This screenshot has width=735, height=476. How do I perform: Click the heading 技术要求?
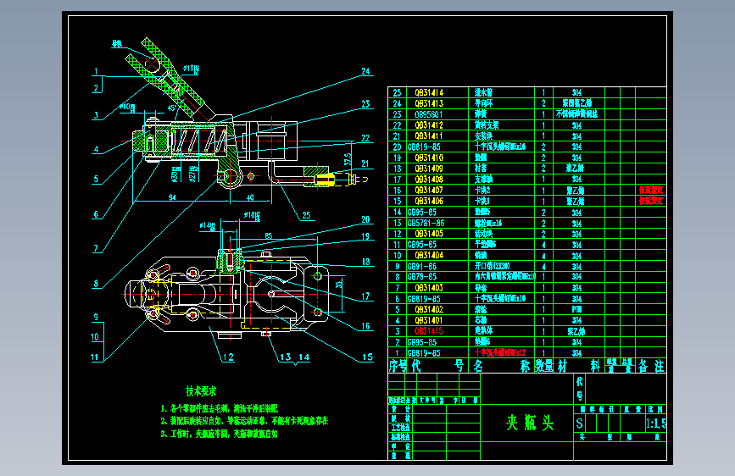(202, 391)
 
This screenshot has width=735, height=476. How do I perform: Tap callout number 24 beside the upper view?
(365, 70)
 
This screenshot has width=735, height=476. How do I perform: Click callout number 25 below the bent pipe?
(305, 213)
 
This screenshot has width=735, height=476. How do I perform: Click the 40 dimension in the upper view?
(251, 196)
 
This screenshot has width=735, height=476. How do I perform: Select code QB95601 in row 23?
(427, 113)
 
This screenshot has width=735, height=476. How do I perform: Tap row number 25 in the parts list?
(396, 91)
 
